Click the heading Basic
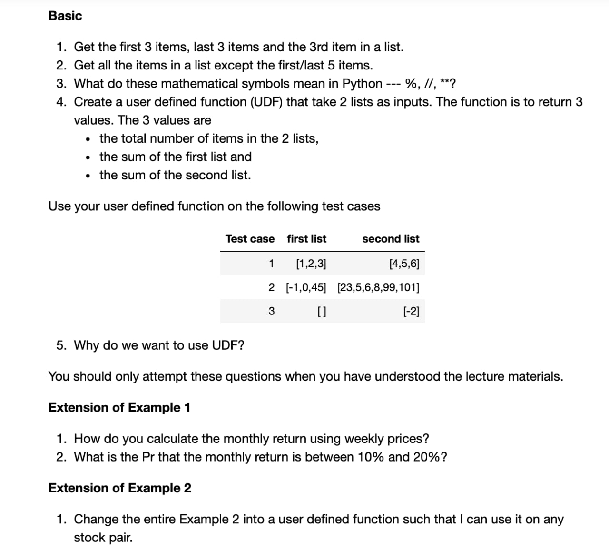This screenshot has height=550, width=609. (x=65, y=16)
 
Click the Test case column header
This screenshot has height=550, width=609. (x=250, y=239)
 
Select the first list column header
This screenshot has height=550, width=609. (x=306, y=239)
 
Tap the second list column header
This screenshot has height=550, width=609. (x=391, y=239)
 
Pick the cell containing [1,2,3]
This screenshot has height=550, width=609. (x=311, y=264)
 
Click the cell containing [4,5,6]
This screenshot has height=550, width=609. (x=404, y=264)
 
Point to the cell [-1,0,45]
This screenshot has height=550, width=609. (x=306, y=287)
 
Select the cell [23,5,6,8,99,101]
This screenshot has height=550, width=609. (x=378, y=287)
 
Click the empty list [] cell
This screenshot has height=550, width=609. (x=321, y=312)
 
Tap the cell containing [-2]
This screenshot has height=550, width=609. (x=411, y=312)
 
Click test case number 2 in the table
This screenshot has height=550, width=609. (x=271, y=287)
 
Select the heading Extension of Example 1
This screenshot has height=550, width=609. (x=119, y=408)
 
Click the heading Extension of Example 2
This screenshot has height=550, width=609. (x=120, y=488)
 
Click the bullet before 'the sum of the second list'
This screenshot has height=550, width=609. (x=88, y=176)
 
